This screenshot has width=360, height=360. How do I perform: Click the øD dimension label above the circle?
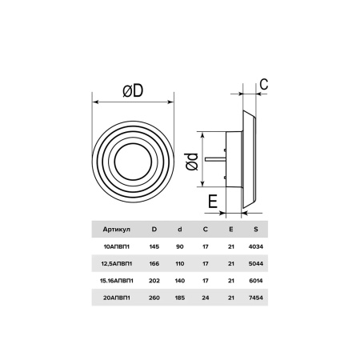(133, 90)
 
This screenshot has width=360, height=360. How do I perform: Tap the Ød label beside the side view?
(192, 162)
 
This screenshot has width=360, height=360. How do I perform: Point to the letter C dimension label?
(264, 85)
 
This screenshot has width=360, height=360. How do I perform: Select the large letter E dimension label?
(213, 202)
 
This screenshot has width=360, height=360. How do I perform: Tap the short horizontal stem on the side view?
(215, 159)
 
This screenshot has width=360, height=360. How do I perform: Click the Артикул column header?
(117, 230)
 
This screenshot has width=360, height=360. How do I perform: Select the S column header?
(256, 230)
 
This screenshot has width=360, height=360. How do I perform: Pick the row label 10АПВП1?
(117, 246)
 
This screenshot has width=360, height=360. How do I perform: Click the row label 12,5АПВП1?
(117, 264)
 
